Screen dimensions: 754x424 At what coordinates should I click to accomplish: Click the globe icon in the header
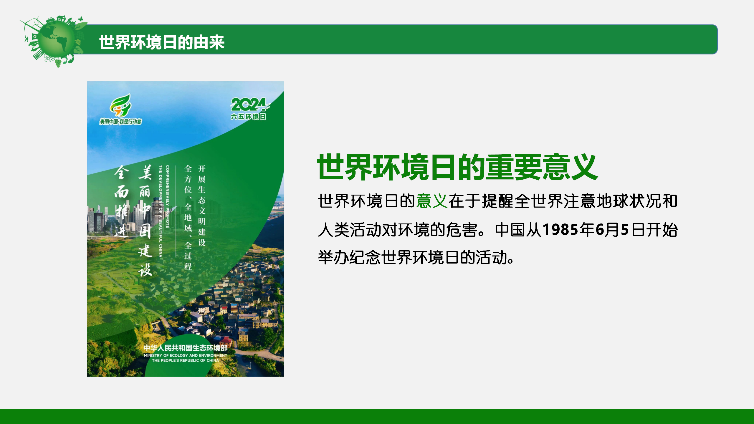(x=54, y=41)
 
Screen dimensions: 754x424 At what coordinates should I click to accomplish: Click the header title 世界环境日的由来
(x=162, y=42)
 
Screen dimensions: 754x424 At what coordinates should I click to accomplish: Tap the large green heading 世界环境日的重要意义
(x=457, y=167)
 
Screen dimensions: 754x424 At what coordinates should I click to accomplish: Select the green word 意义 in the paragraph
(x=432, y=201)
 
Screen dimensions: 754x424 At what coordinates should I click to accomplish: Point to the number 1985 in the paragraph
(x=561, y=229)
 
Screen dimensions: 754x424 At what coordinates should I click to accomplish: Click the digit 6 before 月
(x=600, y=229)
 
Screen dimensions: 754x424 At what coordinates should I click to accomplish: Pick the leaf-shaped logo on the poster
(x=120, y=105)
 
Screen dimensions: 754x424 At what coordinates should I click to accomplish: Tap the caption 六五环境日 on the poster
(x=248, y=117)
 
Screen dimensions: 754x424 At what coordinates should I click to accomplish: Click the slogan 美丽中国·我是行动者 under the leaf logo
(x=120, y=122)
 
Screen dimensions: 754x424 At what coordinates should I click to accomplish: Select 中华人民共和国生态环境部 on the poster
(x=185, y=348)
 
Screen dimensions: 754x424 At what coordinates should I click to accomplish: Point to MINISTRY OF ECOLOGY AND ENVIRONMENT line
(x=185, y=355)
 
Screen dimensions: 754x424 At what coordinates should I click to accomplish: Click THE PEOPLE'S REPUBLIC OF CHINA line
(x=185, y=360)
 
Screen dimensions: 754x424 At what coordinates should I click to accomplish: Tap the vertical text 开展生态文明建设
(x=202, y=206)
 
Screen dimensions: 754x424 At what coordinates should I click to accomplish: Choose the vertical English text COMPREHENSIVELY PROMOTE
(x=167, y=196)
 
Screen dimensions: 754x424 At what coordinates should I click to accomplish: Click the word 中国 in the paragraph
(x=510, y=230)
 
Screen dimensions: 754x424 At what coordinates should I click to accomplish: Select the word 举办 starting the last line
(x=334, y=257)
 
